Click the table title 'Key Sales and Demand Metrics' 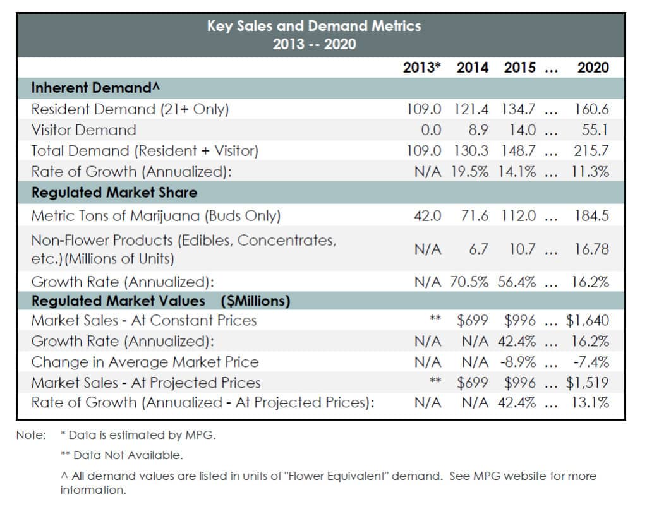314,26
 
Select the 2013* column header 421,68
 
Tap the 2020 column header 593,68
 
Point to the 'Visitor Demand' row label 84,130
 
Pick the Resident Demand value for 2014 471,109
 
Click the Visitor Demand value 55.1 595,130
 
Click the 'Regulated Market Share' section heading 114,193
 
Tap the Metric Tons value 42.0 428,215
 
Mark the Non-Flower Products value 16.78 591,249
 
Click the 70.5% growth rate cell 469,282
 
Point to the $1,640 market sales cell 588,321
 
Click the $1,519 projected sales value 588,383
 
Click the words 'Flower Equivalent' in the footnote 330,476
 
